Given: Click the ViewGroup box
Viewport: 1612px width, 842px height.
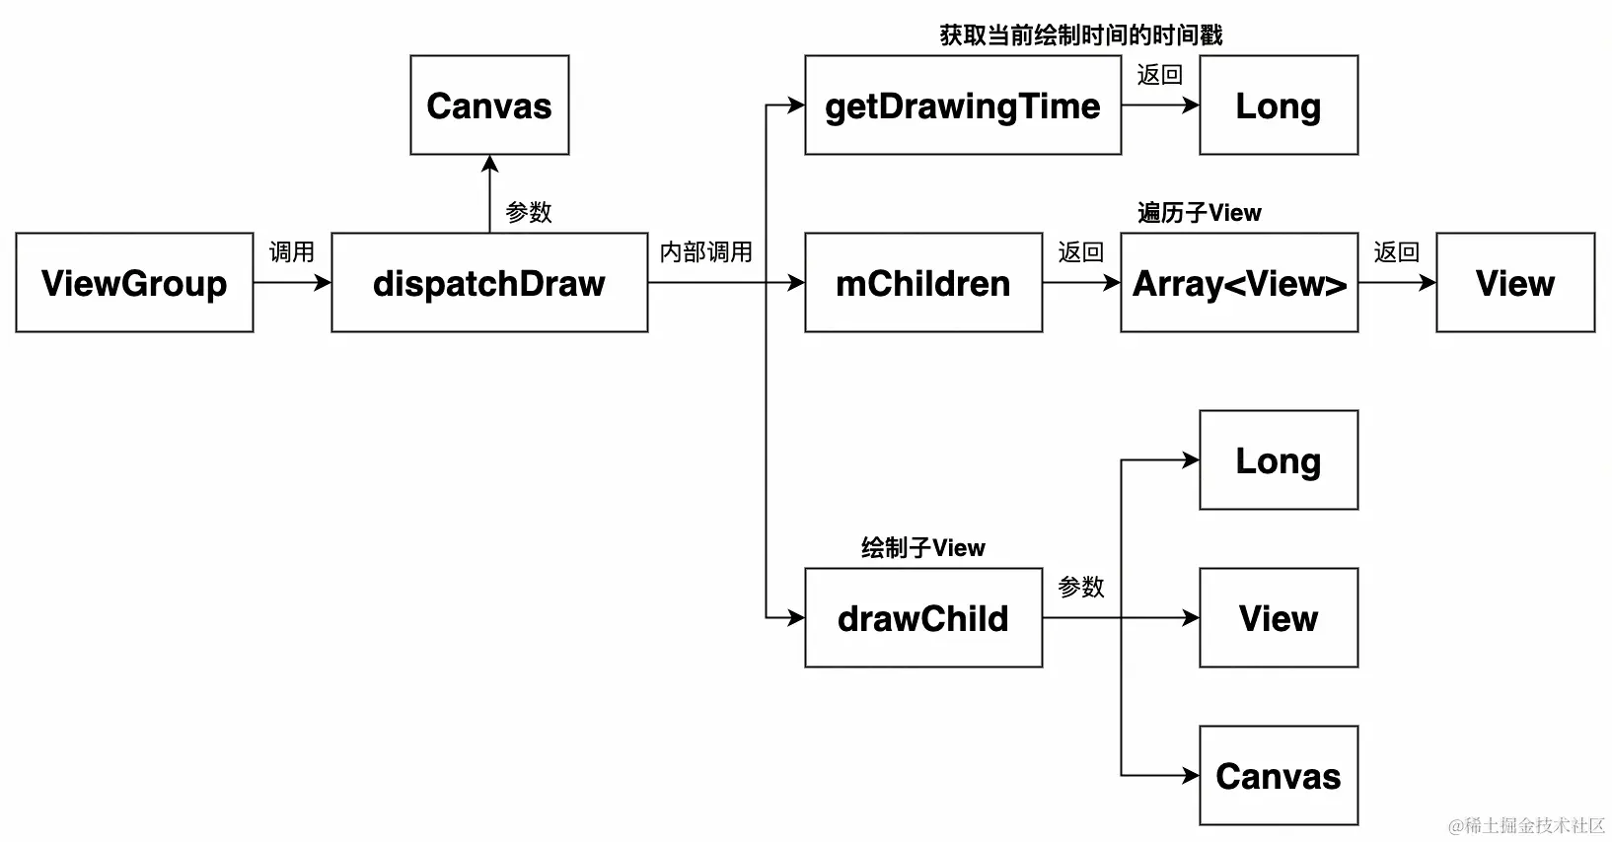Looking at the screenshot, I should tap(134, 283).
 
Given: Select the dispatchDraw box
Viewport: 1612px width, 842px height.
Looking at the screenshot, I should tap(489, 283).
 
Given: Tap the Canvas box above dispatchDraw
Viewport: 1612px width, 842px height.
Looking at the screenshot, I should tap(489, 105).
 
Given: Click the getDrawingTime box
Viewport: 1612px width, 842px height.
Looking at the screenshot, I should tap(963, 105).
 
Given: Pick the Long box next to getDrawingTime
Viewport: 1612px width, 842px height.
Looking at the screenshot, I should tap(1279, 105).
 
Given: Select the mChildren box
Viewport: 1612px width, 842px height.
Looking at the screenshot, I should tap(923, 283).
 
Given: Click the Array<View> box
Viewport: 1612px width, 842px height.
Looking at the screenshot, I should tap(1239, 283).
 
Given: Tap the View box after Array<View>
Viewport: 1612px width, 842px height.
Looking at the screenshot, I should tap(1515, 283).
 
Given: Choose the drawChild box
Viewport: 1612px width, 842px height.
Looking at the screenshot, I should tap(923, 618).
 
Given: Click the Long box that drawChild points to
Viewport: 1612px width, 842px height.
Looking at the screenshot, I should tap(1279, 460).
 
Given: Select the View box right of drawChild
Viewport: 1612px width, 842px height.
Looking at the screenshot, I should tap(1279, 618).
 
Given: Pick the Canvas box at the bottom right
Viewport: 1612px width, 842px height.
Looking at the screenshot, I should tap(1279, 776).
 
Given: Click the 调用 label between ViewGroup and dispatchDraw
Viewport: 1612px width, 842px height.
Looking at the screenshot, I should tap(292, 252).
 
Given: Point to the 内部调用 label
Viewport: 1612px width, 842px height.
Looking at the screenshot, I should tap(706, 252).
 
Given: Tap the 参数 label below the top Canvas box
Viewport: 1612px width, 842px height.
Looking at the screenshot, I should tap(529, 213).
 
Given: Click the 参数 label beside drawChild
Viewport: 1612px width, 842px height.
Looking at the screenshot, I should tap(1081, 588).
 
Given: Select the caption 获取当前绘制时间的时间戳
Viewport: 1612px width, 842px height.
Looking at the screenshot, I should tap(1081, 35).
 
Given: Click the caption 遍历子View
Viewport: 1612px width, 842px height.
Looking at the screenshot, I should tap(1200, 213).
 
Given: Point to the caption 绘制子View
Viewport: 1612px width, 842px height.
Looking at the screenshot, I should tap(923, 548).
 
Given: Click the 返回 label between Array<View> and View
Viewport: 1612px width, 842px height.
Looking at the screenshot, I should tap(1397, 252).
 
